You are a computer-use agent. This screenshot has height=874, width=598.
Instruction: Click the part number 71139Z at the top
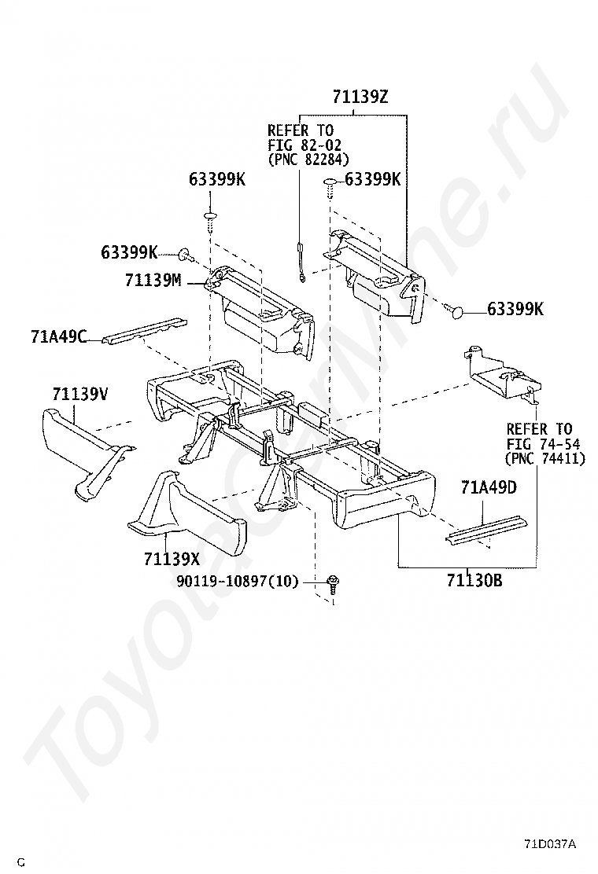(x=360, y=97)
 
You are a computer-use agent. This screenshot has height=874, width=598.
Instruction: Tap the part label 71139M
(x=153, y=281)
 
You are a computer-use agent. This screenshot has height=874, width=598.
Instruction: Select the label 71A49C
(x=59, y=336)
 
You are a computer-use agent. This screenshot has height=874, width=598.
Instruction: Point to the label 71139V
(x=80, y=394)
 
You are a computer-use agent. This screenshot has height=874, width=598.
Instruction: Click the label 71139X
(x=172, y=559)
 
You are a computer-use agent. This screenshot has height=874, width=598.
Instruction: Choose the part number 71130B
(x=474, y=581)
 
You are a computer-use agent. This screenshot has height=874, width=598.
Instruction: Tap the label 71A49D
(x=489, y=488)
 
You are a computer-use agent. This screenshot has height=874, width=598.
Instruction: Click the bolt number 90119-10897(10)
(x=238, y=582)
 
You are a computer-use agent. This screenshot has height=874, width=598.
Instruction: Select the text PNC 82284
(x=308, y=160)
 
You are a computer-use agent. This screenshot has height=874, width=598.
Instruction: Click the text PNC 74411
(x=544, y=458)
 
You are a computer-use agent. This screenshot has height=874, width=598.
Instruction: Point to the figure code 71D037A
(x=550, y=844)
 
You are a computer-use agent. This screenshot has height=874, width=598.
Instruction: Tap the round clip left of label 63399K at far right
(x=456, y=310)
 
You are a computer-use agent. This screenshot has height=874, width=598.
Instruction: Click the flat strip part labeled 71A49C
(x=145, y=332)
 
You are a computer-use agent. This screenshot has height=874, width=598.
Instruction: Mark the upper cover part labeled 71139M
(x=260, y=312)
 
